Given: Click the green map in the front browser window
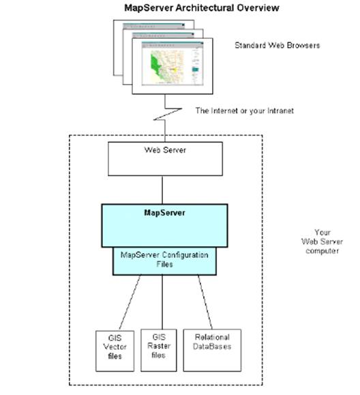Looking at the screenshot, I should point(159,68).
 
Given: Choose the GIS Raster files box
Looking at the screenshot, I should point(159,348).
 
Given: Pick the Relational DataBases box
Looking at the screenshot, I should point(211,348).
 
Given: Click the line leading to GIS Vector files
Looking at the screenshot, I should point(130,301).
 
